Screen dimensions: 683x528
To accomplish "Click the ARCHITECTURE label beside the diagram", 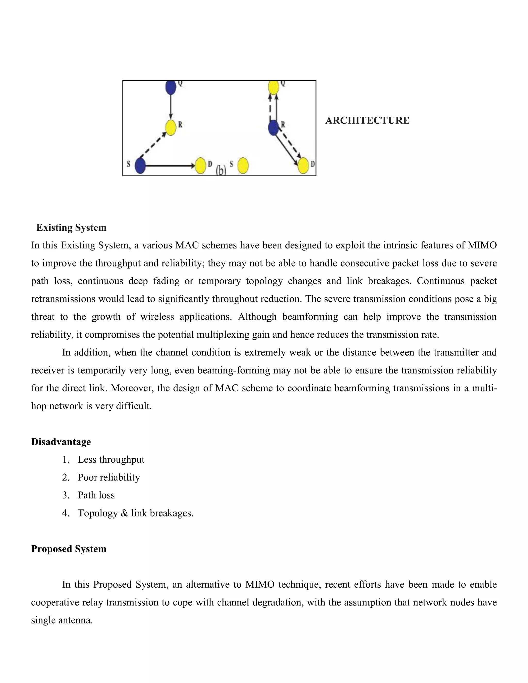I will point(367,120).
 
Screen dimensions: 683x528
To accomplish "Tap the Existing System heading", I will point(71,227).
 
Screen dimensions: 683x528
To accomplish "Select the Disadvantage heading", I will point(61,442).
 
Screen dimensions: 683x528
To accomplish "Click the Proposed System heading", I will point(69,549).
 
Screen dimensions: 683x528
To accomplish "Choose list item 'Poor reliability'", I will point(109,477).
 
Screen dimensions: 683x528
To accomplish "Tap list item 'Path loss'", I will point(96,495).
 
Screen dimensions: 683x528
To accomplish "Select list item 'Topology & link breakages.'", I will point(135,513).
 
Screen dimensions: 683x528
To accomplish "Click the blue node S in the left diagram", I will point(140,166).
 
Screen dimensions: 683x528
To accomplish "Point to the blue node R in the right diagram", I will point(273,128).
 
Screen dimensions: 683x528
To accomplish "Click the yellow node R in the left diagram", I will point(171,128).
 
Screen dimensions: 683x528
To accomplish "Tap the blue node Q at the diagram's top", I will point(171,87).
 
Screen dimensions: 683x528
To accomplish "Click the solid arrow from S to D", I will point(169,166).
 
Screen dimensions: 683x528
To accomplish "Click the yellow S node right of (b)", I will point(243,166).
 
